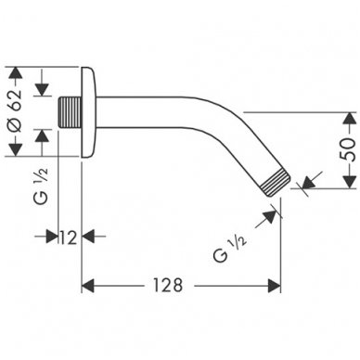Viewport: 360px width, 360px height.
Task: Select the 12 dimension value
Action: pos(67,238)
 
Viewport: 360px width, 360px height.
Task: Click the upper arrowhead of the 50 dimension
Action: pos(345,118)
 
